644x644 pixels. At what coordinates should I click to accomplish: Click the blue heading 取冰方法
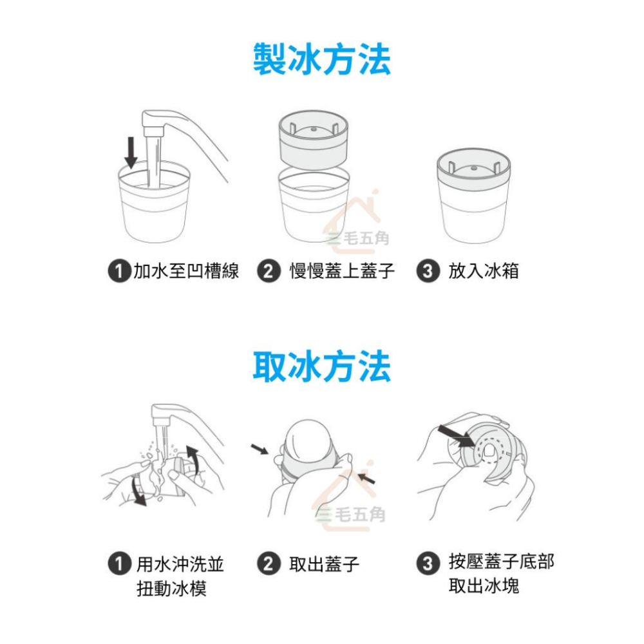pos(321,368)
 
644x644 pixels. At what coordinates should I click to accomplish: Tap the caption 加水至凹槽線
pos(186,271)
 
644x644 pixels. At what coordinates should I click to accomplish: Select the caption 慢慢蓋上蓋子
pos(341,271)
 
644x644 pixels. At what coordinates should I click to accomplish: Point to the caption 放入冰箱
pos(483,271)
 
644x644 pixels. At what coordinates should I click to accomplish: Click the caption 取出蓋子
pos(324,565)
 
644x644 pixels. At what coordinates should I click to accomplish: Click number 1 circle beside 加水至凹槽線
pos(117,272)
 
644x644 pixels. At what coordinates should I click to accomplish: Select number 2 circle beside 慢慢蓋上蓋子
pos(267,272)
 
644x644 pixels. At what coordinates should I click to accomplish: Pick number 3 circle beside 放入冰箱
pos(426,272)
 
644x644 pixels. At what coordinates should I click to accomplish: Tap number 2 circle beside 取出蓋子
pos(267,565)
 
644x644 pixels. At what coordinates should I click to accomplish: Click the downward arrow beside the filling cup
pos(131,152)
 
